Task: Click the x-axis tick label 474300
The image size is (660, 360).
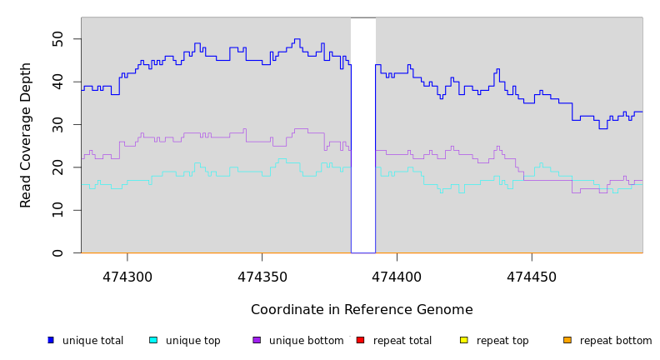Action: point(127,276)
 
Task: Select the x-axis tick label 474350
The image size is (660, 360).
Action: point(262,276)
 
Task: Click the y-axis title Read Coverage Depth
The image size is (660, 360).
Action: point(26,135)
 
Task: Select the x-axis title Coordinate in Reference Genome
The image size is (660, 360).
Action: point(362,310)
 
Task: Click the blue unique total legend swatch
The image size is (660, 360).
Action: point(51,340)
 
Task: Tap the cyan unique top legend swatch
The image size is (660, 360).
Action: point(153,340)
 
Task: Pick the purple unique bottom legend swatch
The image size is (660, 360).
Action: point(257,340)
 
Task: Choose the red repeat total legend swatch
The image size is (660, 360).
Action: point(360,340)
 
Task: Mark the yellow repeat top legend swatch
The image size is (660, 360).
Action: point(463,340)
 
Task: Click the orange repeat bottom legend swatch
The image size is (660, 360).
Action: point(567,340)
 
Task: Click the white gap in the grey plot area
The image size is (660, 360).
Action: point(362,133)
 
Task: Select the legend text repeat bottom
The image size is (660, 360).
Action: point(616,341)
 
